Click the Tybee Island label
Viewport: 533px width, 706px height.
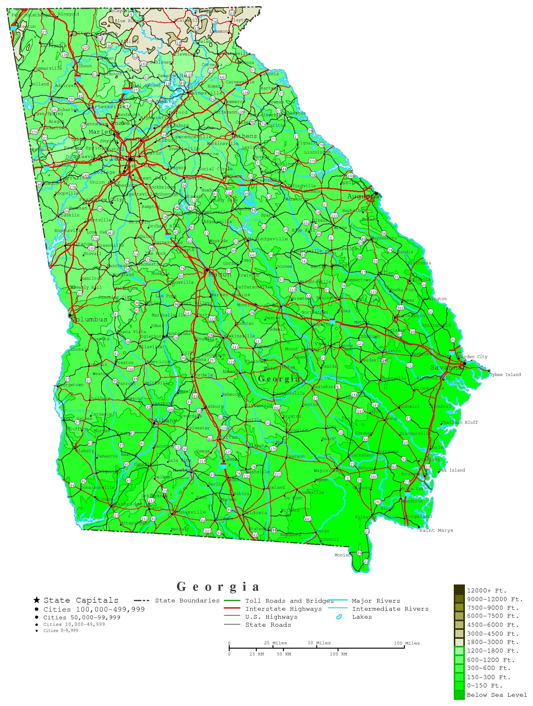505,375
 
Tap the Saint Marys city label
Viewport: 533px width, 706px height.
436,531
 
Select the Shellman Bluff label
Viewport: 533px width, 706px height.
459,423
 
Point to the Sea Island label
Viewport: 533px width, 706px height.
452,470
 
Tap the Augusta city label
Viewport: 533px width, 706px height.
363,196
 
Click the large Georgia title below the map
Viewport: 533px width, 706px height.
218,587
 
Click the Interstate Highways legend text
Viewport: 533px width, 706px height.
283,609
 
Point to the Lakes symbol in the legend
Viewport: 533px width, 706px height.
339,617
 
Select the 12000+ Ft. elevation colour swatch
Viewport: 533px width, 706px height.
459,590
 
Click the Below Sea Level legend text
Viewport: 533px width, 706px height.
497,695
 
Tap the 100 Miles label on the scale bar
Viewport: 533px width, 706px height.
407,643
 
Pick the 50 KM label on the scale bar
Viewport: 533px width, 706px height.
284,654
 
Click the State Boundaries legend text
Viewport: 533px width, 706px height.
187,601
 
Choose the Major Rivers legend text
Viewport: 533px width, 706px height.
376,601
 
